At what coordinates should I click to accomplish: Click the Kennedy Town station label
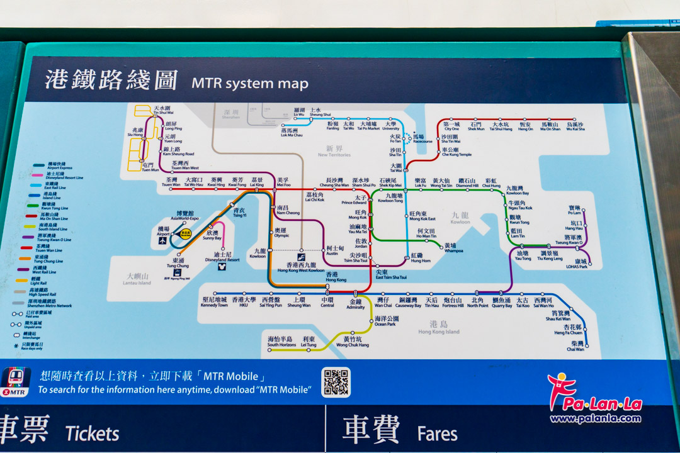pyautogui.click(x=214, y=303)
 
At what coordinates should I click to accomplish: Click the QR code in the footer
pyautogui.click(x=336, y=383)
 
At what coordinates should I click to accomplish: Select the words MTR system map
pyautogui.click(x=250, y=83)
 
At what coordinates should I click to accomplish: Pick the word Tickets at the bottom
pyautogui.click(x=93, y=433)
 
